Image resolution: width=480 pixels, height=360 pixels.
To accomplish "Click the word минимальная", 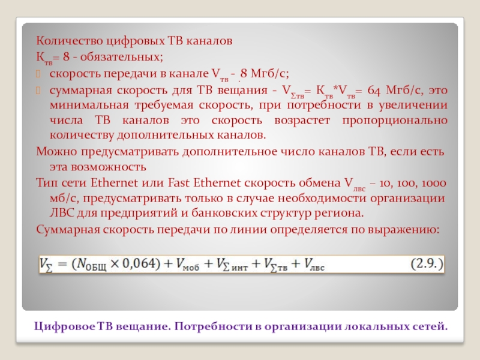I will [x=86, y=106].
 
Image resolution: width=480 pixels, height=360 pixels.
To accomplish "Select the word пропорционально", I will [x=395, y=121].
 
